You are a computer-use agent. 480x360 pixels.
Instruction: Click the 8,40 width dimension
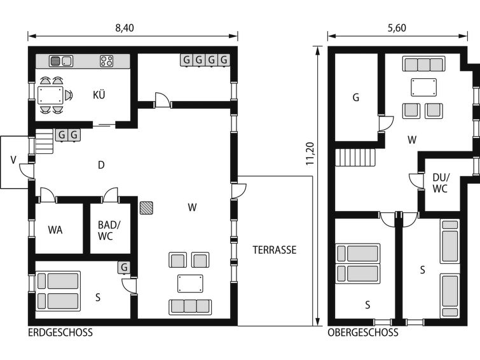click(125, 28)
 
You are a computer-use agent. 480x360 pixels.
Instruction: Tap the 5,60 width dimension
click(397, 28)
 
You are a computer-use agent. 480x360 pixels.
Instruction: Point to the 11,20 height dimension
click(310, 154)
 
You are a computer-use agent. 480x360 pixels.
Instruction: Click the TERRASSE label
click(275, 250)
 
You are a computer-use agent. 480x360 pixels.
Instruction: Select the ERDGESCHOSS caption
click(60, 333)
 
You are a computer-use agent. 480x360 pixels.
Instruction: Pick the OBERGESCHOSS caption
click(363, 333)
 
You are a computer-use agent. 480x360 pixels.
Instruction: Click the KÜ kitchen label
click(99, 95)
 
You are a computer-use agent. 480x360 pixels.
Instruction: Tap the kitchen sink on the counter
click(61, 61)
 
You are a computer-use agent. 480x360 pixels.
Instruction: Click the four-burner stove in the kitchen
click(107, 61)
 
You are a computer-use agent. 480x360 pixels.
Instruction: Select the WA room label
click(55, 230)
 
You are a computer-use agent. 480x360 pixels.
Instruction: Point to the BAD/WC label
click(109, 230)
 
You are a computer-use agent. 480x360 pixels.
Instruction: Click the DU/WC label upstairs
click(441, 183)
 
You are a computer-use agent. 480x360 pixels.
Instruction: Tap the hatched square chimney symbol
click(146, 208)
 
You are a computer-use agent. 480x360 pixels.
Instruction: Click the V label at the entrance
click(13, 160)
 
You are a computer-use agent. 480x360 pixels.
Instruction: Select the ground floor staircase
click(45, 141)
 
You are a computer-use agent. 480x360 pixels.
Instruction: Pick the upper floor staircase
click(355, 158)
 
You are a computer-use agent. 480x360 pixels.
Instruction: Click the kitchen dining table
click(50, 95)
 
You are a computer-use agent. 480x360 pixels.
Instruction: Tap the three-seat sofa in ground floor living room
click(190, 307)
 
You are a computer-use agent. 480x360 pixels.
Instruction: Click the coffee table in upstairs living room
click(424, 87)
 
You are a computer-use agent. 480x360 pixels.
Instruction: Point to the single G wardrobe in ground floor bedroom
click(124, 268)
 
